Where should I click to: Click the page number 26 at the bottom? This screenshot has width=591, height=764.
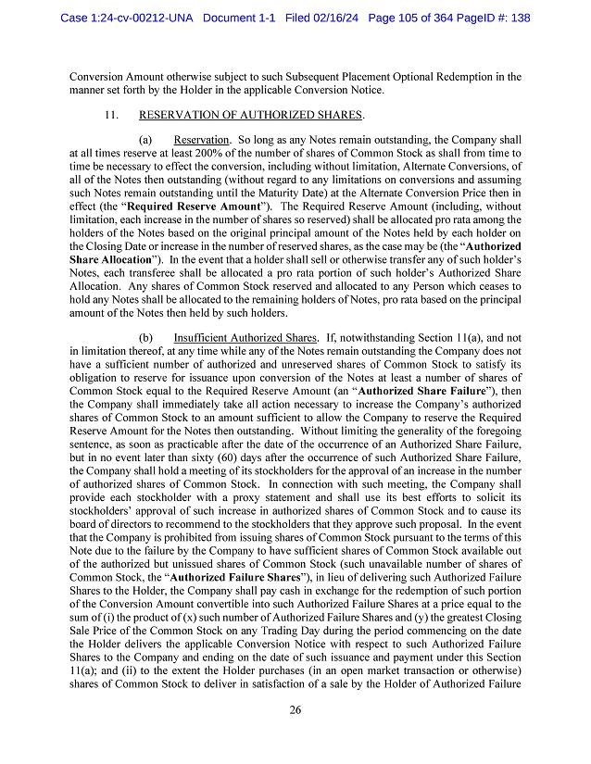(x=295, y=710)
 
